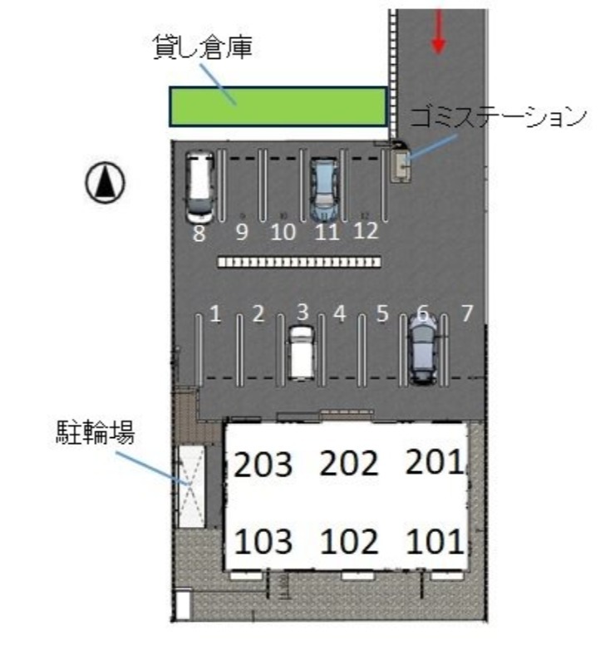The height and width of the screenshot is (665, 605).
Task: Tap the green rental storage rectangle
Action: click(278, 107)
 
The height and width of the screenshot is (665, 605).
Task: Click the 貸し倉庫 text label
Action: click(203, 47)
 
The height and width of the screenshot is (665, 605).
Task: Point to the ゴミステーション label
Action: click(498, 116)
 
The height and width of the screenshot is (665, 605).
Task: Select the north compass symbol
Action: click(106, 183)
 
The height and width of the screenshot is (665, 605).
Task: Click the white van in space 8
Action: click(199, 187)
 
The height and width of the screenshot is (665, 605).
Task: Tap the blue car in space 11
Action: click(324, 190)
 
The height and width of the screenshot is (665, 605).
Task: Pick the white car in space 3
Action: click(302, 352)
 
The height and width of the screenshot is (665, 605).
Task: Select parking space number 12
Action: click(366, 231)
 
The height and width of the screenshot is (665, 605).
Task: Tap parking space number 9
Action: click(242, 232)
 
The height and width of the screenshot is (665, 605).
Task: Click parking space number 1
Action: click(215, 314)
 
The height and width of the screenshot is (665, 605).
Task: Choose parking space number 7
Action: click(467, 313)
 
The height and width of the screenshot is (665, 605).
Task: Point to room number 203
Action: click(263, 465)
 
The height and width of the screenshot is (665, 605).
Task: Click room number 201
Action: click(435, 461)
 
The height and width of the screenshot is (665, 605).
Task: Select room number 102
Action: click(349, 542)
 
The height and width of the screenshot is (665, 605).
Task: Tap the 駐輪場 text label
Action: click(96, 432)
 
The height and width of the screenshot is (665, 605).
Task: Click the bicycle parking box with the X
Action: click(191, 486)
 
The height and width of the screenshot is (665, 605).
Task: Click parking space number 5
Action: click(382, 314)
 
